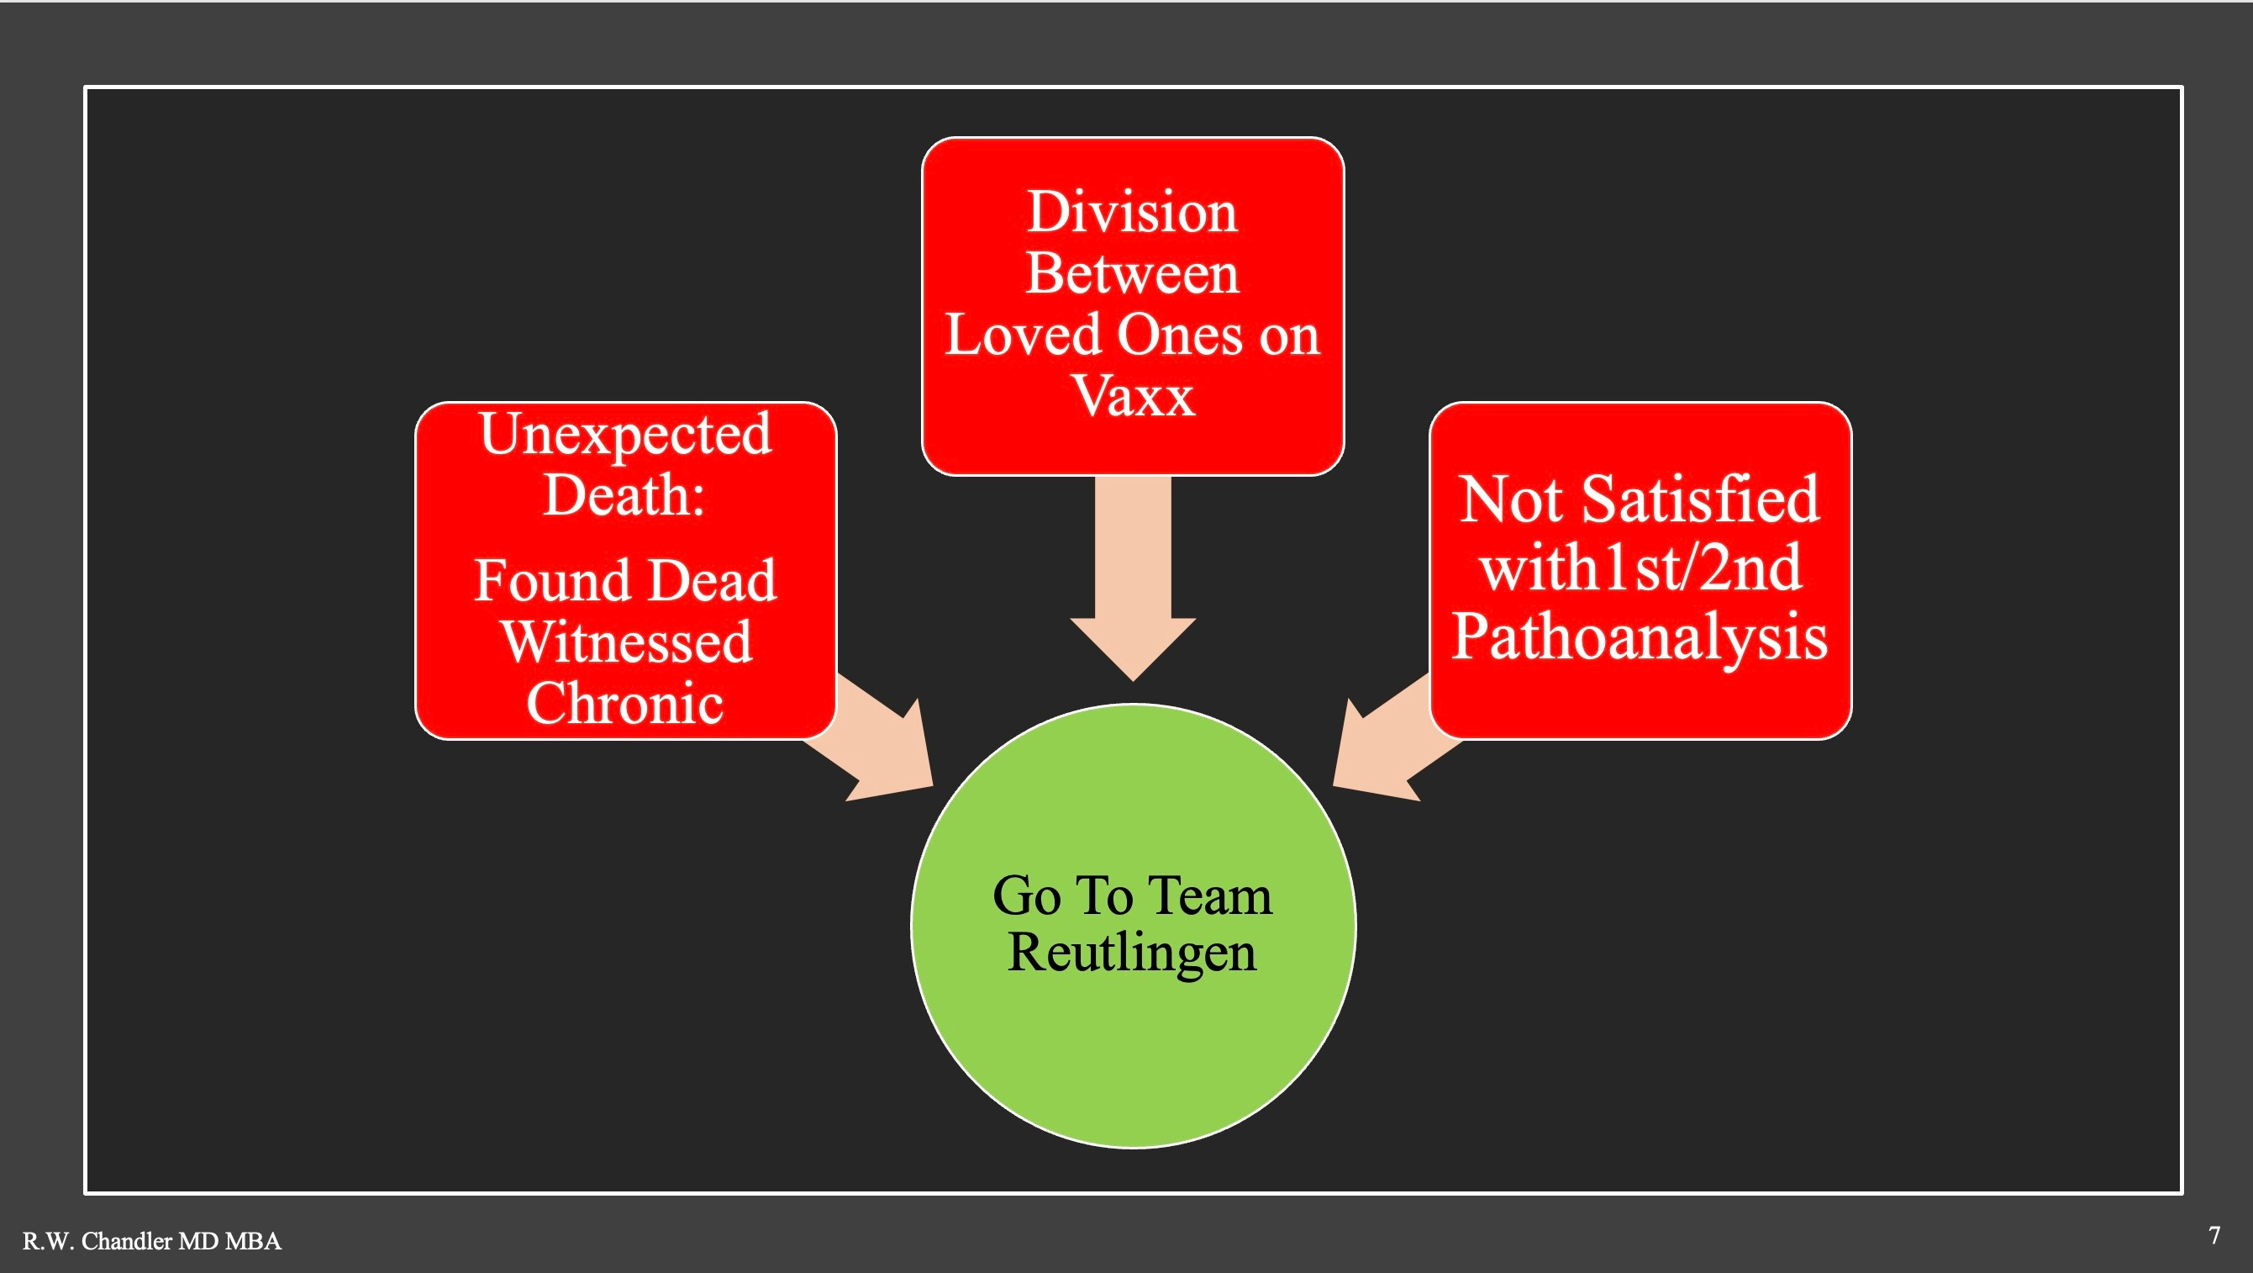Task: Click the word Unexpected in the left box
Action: [625, 436]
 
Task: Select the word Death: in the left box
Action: [624, 494]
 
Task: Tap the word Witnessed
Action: [626, 642]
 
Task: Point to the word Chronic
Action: [625, 703]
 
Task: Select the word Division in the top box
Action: [1133, 212]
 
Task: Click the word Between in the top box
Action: [1133, 273]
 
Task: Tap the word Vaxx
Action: [1134, 396]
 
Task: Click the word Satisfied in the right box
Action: [1701, 499]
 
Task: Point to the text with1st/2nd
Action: [1640, 568]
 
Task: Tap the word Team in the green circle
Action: [1210, 896]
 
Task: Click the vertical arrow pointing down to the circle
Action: [1133, 578]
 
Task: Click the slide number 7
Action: [2214, 1235]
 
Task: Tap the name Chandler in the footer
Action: [127, 1240]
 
